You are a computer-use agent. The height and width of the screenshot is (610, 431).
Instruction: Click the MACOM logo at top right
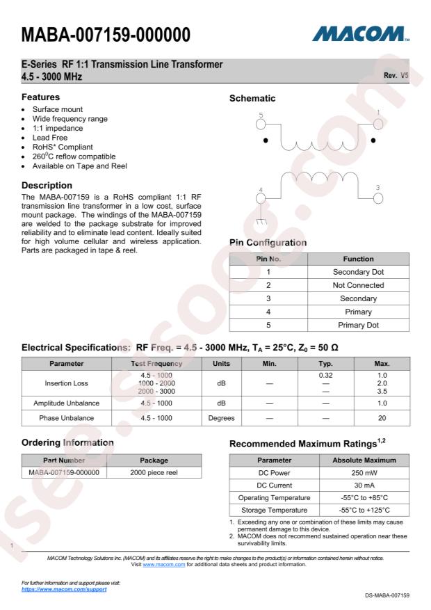(361, 33)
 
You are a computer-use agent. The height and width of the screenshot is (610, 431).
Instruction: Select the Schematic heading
(253, 99)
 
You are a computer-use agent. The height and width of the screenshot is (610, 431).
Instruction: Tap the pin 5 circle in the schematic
(261, 124)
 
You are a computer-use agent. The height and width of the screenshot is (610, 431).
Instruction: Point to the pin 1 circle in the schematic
(378, 123)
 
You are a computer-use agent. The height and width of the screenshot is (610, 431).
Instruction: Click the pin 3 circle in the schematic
(378, 198)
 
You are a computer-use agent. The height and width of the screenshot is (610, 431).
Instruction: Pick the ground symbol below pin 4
(261, 222)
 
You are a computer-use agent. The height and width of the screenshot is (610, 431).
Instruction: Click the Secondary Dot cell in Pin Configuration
(359, 272)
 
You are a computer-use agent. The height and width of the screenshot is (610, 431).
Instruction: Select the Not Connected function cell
(359, 285)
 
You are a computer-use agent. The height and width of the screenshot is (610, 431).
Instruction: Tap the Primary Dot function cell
(359, 325)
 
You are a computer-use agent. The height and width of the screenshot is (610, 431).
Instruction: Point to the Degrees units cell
(221, 419)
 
